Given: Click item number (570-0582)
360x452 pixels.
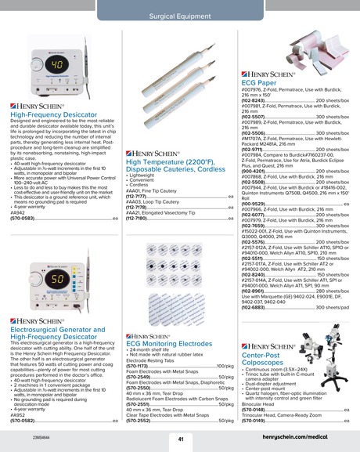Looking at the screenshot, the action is coord(23,421).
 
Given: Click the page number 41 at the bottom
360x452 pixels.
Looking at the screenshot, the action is coord(180,439).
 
